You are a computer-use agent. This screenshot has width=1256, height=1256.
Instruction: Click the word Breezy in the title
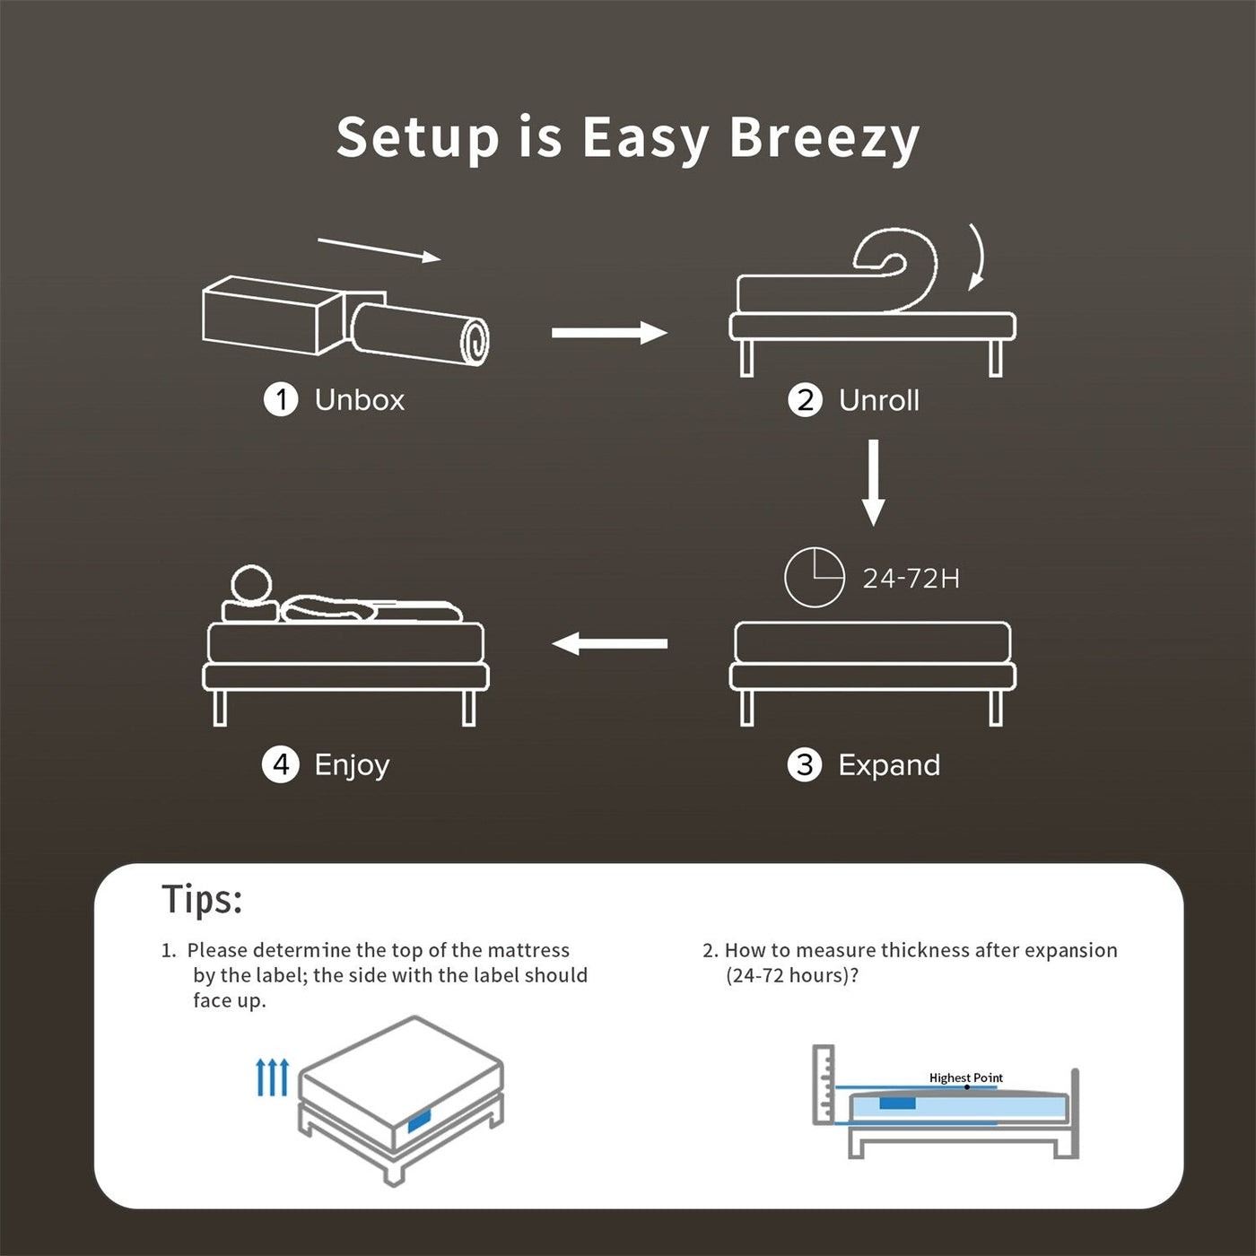coord(824,138)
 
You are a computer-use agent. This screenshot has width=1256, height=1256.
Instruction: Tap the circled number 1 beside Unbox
coord(281,400)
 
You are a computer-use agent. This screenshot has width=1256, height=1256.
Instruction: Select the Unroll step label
coord(878,400)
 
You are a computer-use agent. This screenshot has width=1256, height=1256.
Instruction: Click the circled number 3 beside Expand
coord(805,765)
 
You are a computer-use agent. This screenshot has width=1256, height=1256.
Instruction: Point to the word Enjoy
coord(352,765)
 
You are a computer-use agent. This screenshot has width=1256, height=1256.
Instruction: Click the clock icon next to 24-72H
coord(814,578)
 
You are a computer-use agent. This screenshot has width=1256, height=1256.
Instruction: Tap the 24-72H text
coord(911,579)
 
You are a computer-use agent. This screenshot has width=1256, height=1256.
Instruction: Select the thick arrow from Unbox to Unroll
coord(609,333)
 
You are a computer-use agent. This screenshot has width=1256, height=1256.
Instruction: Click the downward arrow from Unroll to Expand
coord(873,483)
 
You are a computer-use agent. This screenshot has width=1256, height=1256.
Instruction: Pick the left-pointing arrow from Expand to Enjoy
coord(609,643)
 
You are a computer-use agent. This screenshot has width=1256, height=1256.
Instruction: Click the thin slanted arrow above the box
coord(379,249)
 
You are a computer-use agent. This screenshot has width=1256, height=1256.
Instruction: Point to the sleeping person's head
coord(250,585)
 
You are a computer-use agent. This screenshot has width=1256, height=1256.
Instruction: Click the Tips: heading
coord(202,899)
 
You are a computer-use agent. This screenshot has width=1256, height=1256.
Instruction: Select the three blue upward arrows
coord(272,1077)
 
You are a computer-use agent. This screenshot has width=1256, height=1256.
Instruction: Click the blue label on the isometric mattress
coord(419,1121)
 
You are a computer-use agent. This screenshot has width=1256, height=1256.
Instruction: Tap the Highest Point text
coord(965,1077)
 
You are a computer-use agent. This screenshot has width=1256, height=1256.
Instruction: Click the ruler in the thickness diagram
coord(824,1084)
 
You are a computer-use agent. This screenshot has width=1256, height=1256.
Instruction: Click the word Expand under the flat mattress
coord(888,765)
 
